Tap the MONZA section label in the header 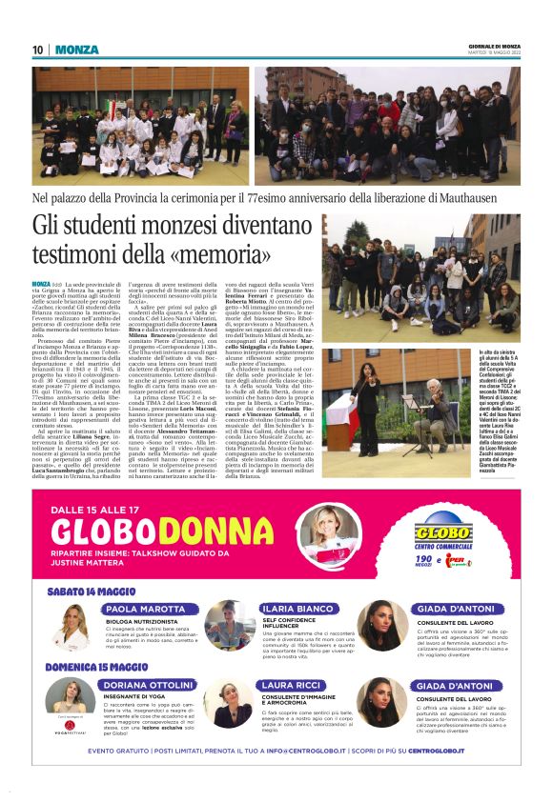pyautogui.click(x=76, y=50)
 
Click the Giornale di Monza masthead pyautogui.click(x=495, y=45)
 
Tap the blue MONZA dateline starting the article pyautogui.click(x=41, y=284)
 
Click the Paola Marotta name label pyautogui.click(x=146, y=609)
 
